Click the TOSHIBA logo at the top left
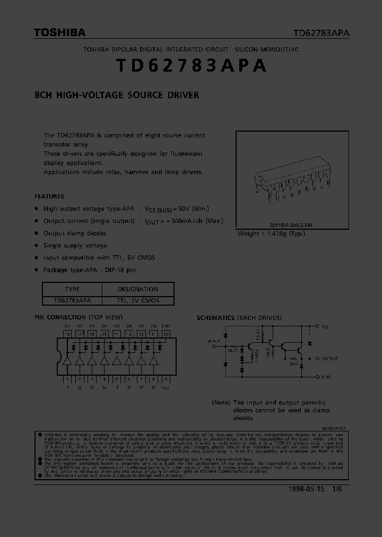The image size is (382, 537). tap(59, 33)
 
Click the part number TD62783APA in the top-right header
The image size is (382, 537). tap(322, 33)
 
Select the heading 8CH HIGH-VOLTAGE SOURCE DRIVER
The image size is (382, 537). tap(116, 96)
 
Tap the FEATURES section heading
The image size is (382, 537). tap(49, 196)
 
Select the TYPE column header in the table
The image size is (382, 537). tap(72, 289)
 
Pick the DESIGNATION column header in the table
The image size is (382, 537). tap(138, 289)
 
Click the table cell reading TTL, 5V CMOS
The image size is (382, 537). tap(138, 300)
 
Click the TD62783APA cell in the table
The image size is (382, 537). tap(72, 300)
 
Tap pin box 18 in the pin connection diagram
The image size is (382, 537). tap(67, 334)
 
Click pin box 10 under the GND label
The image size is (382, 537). tap(166, 334)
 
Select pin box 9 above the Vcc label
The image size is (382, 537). tap(166, 379)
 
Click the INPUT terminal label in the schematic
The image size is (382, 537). tap(214, 341)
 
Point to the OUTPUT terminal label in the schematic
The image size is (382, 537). tap(329, 359)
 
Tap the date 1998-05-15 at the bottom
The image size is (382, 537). tap(306, 489)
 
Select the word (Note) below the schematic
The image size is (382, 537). tap(221, 403)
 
